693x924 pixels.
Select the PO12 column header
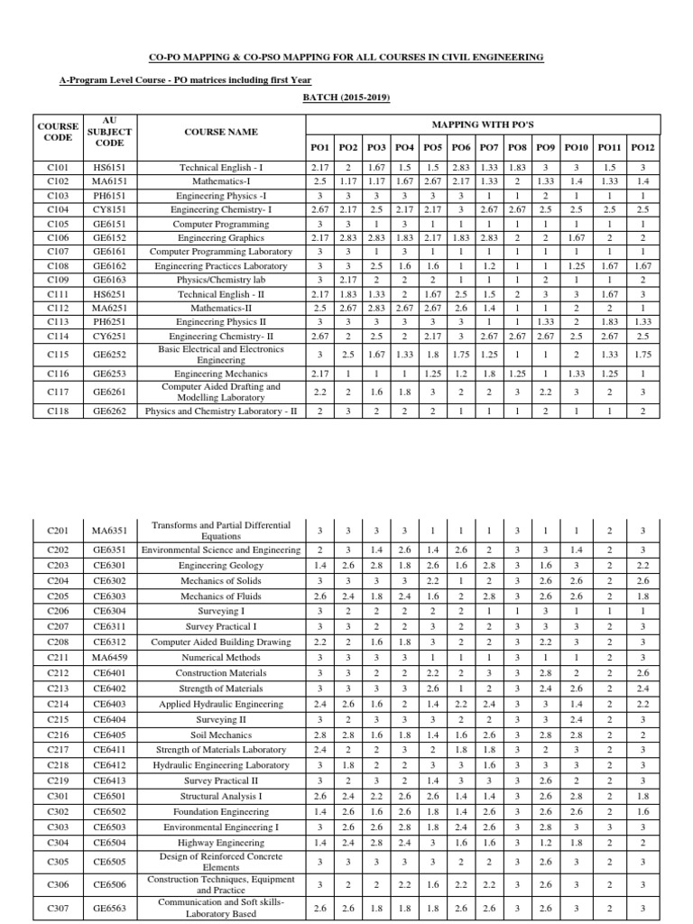point(642,146)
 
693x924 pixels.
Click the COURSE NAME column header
point(221,132)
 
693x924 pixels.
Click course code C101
point(57,168)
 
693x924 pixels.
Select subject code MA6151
point(109,180)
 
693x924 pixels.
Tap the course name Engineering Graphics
point(221,236)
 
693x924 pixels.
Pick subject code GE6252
point(109,355)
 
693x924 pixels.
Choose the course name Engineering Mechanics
point(221,373)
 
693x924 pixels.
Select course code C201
point(57,531)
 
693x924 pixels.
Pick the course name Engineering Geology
point(221,565)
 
